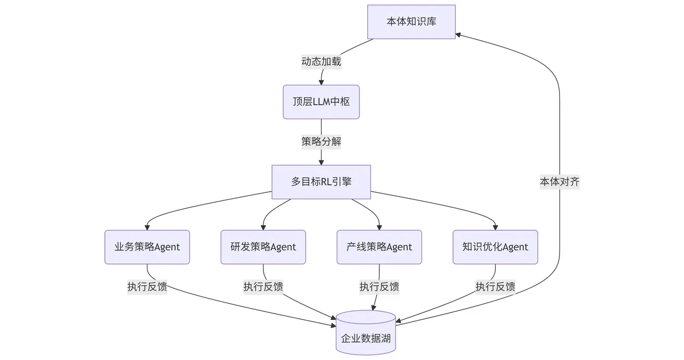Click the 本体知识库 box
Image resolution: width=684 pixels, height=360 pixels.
pyautogui.click(x=411, y=22)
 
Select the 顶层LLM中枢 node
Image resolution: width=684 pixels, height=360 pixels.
pyautogui.click(x=321, y=101)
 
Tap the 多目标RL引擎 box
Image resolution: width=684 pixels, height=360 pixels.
pyautogui.click(x=321, y=182)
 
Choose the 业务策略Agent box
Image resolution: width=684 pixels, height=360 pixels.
pyautogui.click(x=147, y=247)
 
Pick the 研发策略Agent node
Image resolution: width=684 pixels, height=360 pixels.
pyautogui.click(x=263, y=247)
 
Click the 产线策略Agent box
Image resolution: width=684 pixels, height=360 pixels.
pyautogui.click(x=379, y=247)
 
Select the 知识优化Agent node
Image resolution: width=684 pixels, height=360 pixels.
pyautogui.click(x=495, y=247)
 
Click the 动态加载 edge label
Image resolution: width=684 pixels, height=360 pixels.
pyautogui.click(x=321, y=62)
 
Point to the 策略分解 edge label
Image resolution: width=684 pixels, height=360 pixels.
pyautogui.click(x=321, y=142)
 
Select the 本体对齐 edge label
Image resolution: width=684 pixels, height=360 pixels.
pyautogui.click(x=559, y=182)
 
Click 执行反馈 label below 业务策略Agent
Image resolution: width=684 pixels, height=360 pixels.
pyautogui.click(x=147, y=287)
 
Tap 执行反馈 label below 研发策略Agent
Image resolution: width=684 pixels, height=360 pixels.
pyautogui.click(x=263, y=287)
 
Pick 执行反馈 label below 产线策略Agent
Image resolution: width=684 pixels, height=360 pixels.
pyautogui.click(x=379, y=287)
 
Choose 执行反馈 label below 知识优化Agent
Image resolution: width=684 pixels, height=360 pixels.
pyautogui.click(x=495, y=287)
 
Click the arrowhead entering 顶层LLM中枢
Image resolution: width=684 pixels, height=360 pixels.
pyautogui.click(x=321, y=82)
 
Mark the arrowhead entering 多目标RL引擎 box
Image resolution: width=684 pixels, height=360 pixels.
pyautogui.click(x=321, y=162)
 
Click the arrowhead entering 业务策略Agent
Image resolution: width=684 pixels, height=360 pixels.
pyautogui.click(x=147, y=227)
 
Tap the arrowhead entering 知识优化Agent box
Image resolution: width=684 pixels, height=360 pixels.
pyautogui.click(x=495, y=227)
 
